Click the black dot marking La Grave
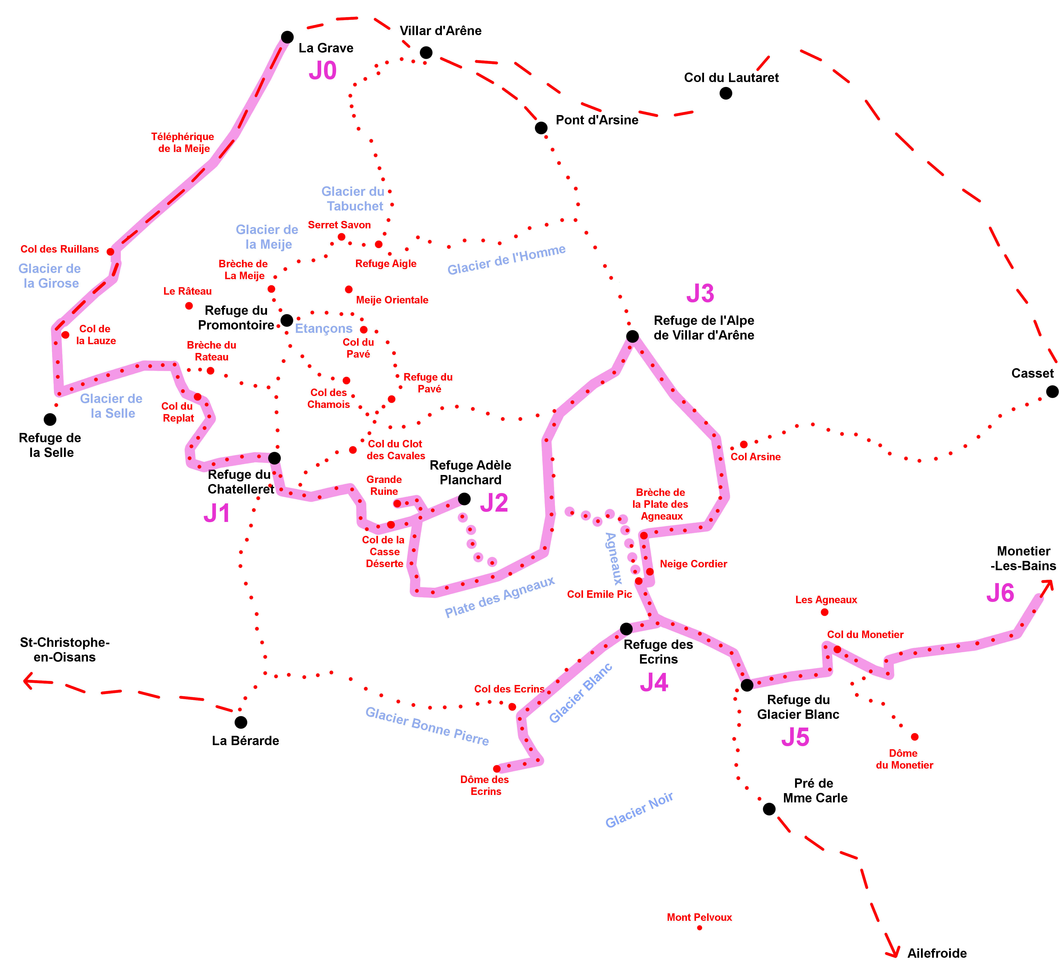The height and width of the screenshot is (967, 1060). click(287, 37)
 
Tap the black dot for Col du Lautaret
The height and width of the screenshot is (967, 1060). click(726, 93)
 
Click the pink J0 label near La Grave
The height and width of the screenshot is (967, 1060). click(322, 70)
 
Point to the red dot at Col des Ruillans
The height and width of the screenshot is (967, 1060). click(110, 251)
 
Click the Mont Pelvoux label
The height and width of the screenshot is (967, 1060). click(699, 917)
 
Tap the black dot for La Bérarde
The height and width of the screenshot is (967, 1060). click(241, 722)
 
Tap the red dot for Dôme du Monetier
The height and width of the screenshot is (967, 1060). click(915, 737)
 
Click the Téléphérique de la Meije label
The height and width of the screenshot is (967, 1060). click(183, 142)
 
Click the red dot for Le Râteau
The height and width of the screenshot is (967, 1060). click(189, 305)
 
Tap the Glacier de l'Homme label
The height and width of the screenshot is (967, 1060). click(506, 259)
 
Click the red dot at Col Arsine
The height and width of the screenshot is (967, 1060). click(743, 444)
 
